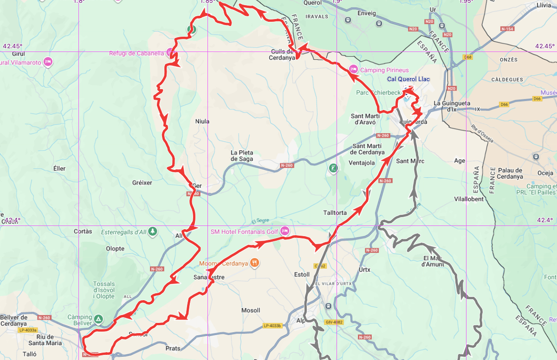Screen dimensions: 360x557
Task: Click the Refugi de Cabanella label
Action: pos(136,53)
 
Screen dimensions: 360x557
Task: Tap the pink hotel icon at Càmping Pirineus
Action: pos(353,70)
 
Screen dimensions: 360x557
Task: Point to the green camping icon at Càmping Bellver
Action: pos(98,319)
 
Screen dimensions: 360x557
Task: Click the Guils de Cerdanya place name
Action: pos(283,55)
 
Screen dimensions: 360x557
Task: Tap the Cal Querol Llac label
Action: pos(408,79)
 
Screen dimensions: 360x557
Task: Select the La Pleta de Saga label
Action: pos(242,155)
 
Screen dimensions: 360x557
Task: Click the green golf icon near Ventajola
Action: pos(332,168)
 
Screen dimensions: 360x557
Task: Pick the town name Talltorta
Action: pos(335,212)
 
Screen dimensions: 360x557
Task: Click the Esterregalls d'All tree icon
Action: pos(153,231)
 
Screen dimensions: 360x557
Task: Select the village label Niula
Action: pos(202,122)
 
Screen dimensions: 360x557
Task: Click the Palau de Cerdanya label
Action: pos(510,173)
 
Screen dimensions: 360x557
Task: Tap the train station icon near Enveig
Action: pos(379,23)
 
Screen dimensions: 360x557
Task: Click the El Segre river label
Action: pos(260,221)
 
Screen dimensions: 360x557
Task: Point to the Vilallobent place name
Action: pos(469,199)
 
